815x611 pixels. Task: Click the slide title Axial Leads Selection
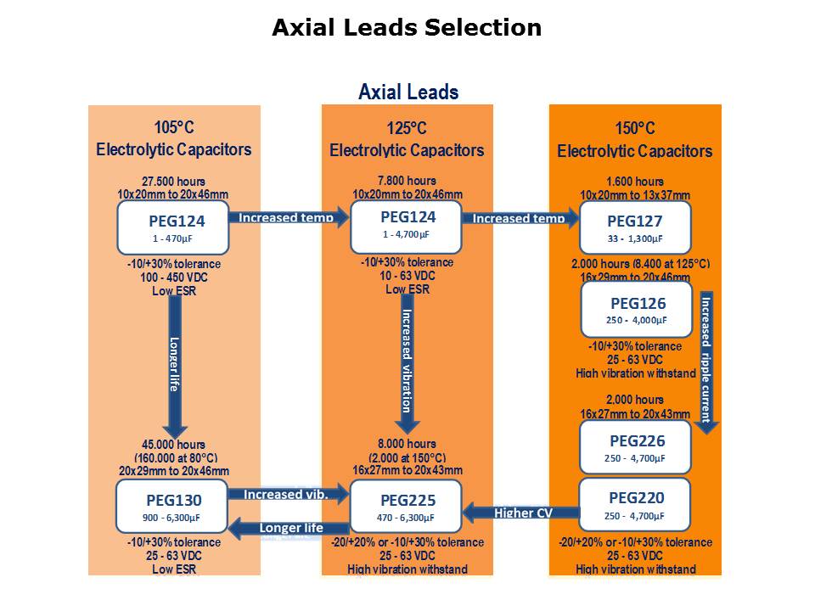point(407,28)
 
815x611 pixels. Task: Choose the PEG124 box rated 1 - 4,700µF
point(406,227)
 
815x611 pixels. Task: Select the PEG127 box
point(635,227)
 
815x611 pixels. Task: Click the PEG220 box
point(636,504)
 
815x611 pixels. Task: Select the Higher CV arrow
point(522,513)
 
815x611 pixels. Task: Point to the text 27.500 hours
point(173,181)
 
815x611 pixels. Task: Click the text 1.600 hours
point(635,182)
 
